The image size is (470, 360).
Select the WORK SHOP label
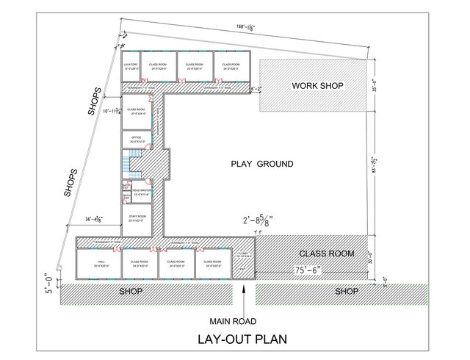tap(317, 86)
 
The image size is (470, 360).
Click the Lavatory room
tap(130, 66)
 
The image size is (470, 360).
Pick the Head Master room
tap(140, 192)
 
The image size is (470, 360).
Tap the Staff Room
tap(137, 219)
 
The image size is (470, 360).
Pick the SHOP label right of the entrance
tap(347, 292)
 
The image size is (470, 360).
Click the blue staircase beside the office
tap(134, 163)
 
